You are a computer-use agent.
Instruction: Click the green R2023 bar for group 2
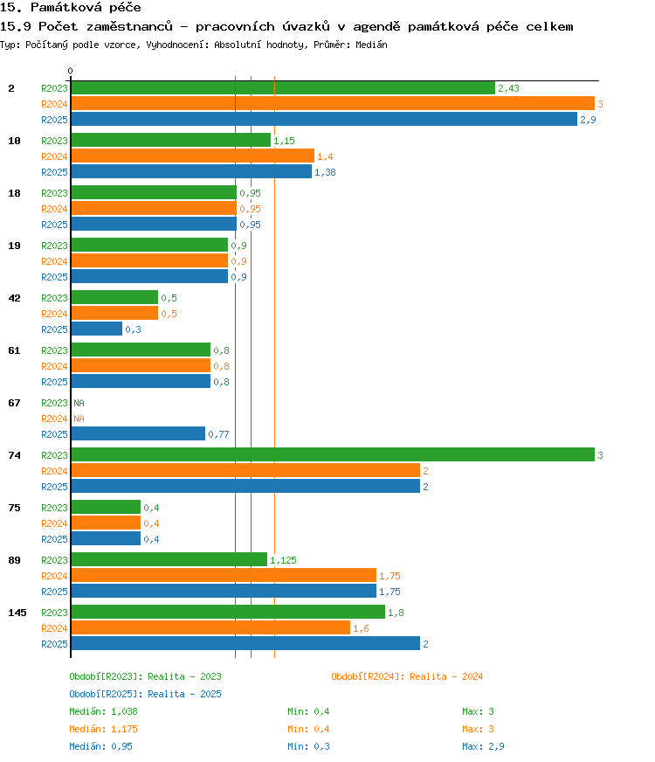pos(283,88)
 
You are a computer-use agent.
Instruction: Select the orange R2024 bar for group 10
pos(193,156)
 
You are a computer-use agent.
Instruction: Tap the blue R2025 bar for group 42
pos(97,329)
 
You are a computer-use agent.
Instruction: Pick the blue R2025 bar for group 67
pos(138,434)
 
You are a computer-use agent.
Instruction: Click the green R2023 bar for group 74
pos(333,455)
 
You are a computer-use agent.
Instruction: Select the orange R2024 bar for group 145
pos(210,628)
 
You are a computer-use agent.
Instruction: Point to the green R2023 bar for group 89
pos(169,560)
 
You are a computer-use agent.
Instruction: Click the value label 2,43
pos(508,88)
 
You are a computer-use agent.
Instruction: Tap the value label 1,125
pos(283,560)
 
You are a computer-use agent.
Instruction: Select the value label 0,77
pos(218,434)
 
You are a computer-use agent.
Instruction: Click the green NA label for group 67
pos(79,403)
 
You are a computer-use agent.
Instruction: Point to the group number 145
pos(17,613)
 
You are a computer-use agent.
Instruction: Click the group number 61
pos(14,350)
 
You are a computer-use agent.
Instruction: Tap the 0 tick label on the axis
pos(71,71)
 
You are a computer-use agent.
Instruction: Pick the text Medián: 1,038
pos(103,711)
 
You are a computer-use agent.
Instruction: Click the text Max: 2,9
pos(483,746)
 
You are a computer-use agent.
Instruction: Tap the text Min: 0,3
pos(308,746)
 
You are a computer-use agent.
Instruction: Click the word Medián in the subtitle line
pos(371,45)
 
